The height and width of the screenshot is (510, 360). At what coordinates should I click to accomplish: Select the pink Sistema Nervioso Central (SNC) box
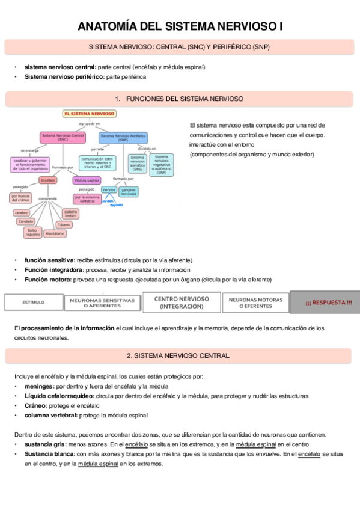point(63,137)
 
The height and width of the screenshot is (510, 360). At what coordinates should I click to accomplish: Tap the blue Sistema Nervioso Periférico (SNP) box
point(123,137)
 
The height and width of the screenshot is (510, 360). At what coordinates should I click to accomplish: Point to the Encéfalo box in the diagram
point(49,180)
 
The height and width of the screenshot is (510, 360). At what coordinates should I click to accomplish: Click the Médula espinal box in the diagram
point(87,180)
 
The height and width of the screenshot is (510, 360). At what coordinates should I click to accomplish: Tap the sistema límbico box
point(70,212)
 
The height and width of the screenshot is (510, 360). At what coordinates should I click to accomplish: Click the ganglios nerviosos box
point(129,191)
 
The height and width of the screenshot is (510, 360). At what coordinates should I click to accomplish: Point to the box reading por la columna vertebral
point(87,198)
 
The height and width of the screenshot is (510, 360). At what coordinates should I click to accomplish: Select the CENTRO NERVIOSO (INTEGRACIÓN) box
point(182,302)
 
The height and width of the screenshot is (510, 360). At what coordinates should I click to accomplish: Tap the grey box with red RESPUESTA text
point(325,302)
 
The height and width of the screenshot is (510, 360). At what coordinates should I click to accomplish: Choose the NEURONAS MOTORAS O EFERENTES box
point(255,302)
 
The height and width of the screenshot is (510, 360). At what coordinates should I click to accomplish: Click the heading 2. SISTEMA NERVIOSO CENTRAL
point(179,355)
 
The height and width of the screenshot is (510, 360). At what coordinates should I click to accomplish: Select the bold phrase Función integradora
point(51,269)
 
